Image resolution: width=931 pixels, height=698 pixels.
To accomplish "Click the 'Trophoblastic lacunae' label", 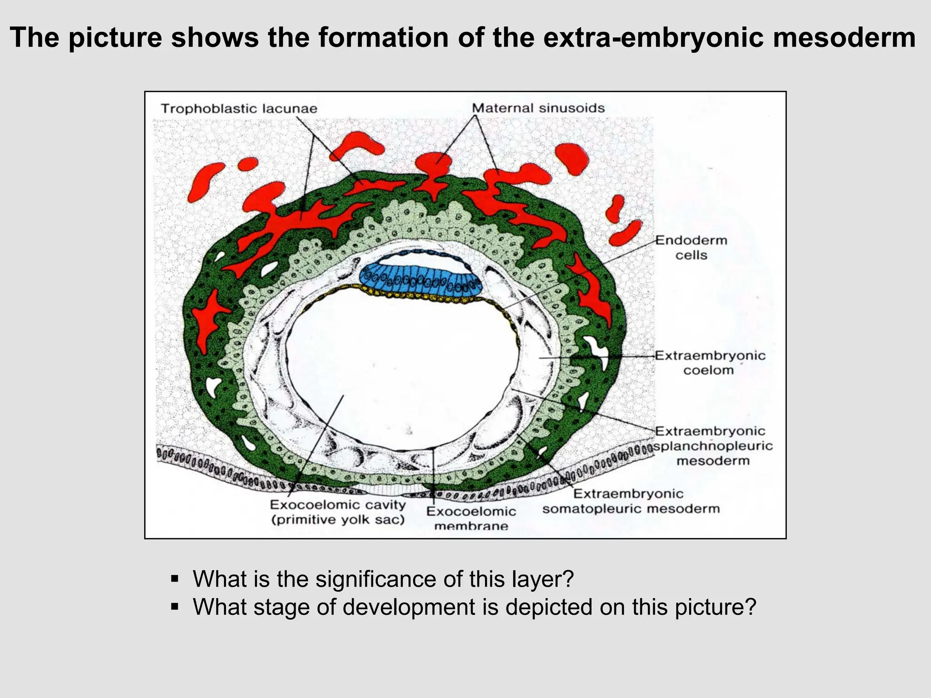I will pyautogui.click(x=239, y=109).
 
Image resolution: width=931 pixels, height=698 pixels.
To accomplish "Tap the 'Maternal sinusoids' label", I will pyautogui.click(x=538, y=108).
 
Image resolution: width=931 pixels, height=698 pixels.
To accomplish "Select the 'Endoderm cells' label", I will pyautogui.click(x=691, y=248).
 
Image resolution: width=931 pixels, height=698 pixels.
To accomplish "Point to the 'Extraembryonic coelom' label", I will pyautogui.click(x=710, y=363).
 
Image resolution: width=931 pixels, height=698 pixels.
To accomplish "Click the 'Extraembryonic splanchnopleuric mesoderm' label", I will pyautogui.click(x=713, y=446).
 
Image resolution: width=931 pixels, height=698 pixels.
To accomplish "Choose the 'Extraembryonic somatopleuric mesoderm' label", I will pyautogui.click(x=631, y=501).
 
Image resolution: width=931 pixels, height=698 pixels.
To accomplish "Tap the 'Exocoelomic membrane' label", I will pyautogui.click(x=471, y=519).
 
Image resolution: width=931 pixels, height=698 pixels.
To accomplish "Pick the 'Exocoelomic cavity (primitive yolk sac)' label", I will pyautogui.click(x=338, y=512).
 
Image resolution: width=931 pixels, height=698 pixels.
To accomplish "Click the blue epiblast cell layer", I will pyautogui.click(x=420, y=278).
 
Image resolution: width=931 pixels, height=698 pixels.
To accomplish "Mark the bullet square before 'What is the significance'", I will pyautogui.click(x=175, y=579).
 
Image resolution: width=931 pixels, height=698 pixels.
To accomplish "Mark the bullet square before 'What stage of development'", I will pyautogui.click(x=175, y=607).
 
